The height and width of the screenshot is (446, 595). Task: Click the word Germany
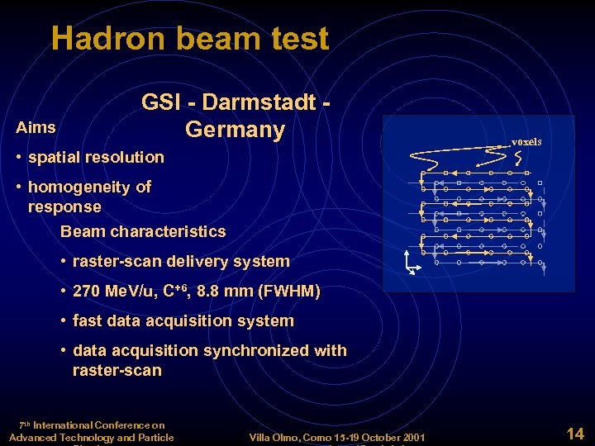point(235,130)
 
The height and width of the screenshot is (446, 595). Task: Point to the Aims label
point(36,127)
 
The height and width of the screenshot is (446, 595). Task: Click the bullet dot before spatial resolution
point(20,157)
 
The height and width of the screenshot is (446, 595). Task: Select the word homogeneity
point(82,187)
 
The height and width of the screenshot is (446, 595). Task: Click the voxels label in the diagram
point(526,141)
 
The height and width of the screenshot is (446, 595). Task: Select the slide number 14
point(574,432)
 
